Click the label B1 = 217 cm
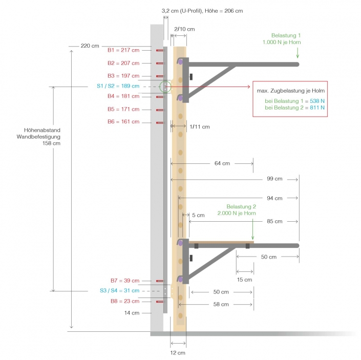[123, 50]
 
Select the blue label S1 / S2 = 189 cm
[118, 87]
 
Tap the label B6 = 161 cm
[123, 122]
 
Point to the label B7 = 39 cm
[124, 281]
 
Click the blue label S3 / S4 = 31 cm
[119, 291]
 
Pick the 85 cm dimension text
[274, 222]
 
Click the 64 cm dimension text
[222, 164]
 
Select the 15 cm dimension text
[244, 280]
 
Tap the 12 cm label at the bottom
[178, 353]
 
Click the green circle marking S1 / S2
[165, 87]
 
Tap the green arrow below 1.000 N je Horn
[297, 54]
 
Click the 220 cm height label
[90, 46]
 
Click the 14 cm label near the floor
[132, 312]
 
